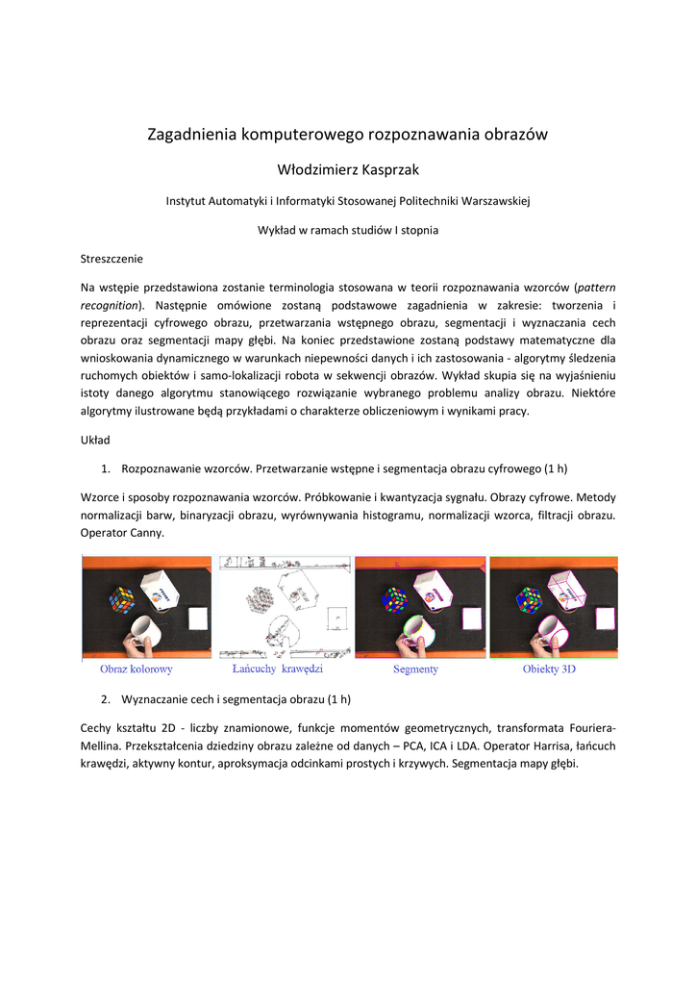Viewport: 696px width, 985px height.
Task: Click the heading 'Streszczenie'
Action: [112, 259]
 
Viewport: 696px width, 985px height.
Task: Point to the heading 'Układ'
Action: [95, 440]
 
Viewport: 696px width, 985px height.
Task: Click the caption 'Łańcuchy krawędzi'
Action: [278, 669]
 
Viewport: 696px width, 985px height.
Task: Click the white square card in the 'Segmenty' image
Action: [470, 617]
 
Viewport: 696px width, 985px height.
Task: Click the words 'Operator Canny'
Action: [122, 532]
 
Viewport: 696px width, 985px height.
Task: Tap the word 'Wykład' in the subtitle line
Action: [278, 230]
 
